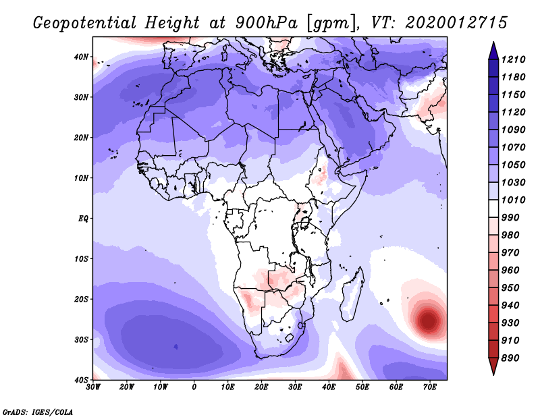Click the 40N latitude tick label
(81, 57)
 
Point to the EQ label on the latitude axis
(83, 219)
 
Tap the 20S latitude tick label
(81, 299)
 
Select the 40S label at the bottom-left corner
(81, 380)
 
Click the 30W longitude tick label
(93, 387)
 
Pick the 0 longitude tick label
(194, 387)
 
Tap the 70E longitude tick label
(430, 387)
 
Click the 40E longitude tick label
(329, 387)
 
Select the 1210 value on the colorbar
(513, 59)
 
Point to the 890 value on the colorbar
(510, 358)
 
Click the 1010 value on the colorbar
(513, 200)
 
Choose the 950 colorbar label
(510, 287)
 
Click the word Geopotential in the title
(85, 23)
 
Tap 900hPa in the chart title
(266, 23)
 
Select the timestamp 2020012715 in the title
(456, 23)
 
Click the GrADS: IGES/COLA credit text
(38, 412)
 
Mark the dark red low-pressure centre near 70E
(428, 320)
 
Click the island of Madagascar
(352, 295)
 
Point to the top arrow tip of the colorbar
(493, 43)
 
